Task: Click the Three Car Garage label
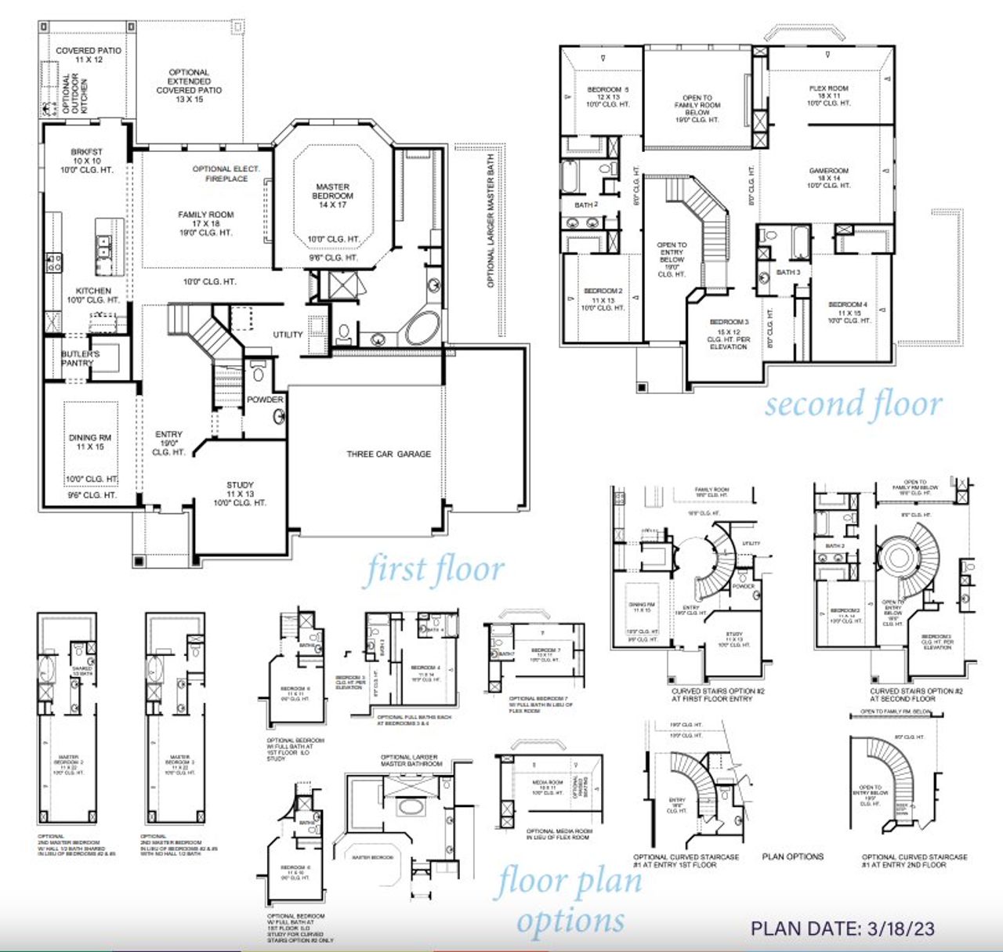(x=389, y=454)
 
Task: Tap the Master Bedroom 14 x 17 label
(x=332, y=196)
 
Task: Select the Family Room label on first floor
(x=205, y=223)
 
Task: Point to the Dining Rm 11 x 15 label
(x=90, y=442)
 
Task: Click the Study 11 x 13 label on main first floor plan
(x=240, y=494)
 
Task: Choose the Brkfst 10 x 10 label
(x=87, y=161)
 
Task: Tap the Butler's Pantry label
(x=80, y=359)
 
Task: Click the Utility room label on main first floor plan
(x=288, y=335)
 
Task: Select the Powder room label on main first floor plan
(x=265, y=400)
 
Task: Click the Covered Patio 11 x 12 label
(x=89, y=55)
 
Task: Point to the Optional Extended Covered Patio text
(x=189, y=85)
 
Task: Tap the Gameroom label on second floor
(x=828, y=178)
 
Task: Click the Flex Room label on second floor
(x=828, y=96)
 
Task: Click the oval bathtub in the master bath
(x=422, y=328)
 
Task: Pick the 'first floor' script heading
(x=433, y=570)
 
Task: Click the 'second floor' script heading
(x=853, y=405)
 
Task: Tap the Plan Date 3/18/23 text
(x=842, y=928)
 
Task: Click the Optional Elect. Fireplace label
(x=226, y=174)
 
